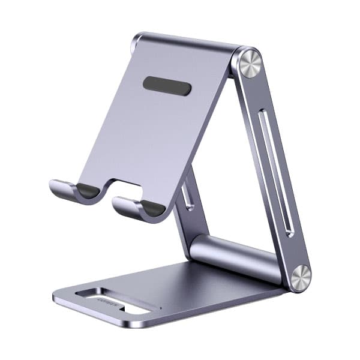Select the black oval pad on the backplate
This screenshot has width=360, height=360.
[x=167, y=86]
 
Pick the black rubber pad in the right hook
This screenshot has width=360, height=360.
[x=152, y=208]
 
